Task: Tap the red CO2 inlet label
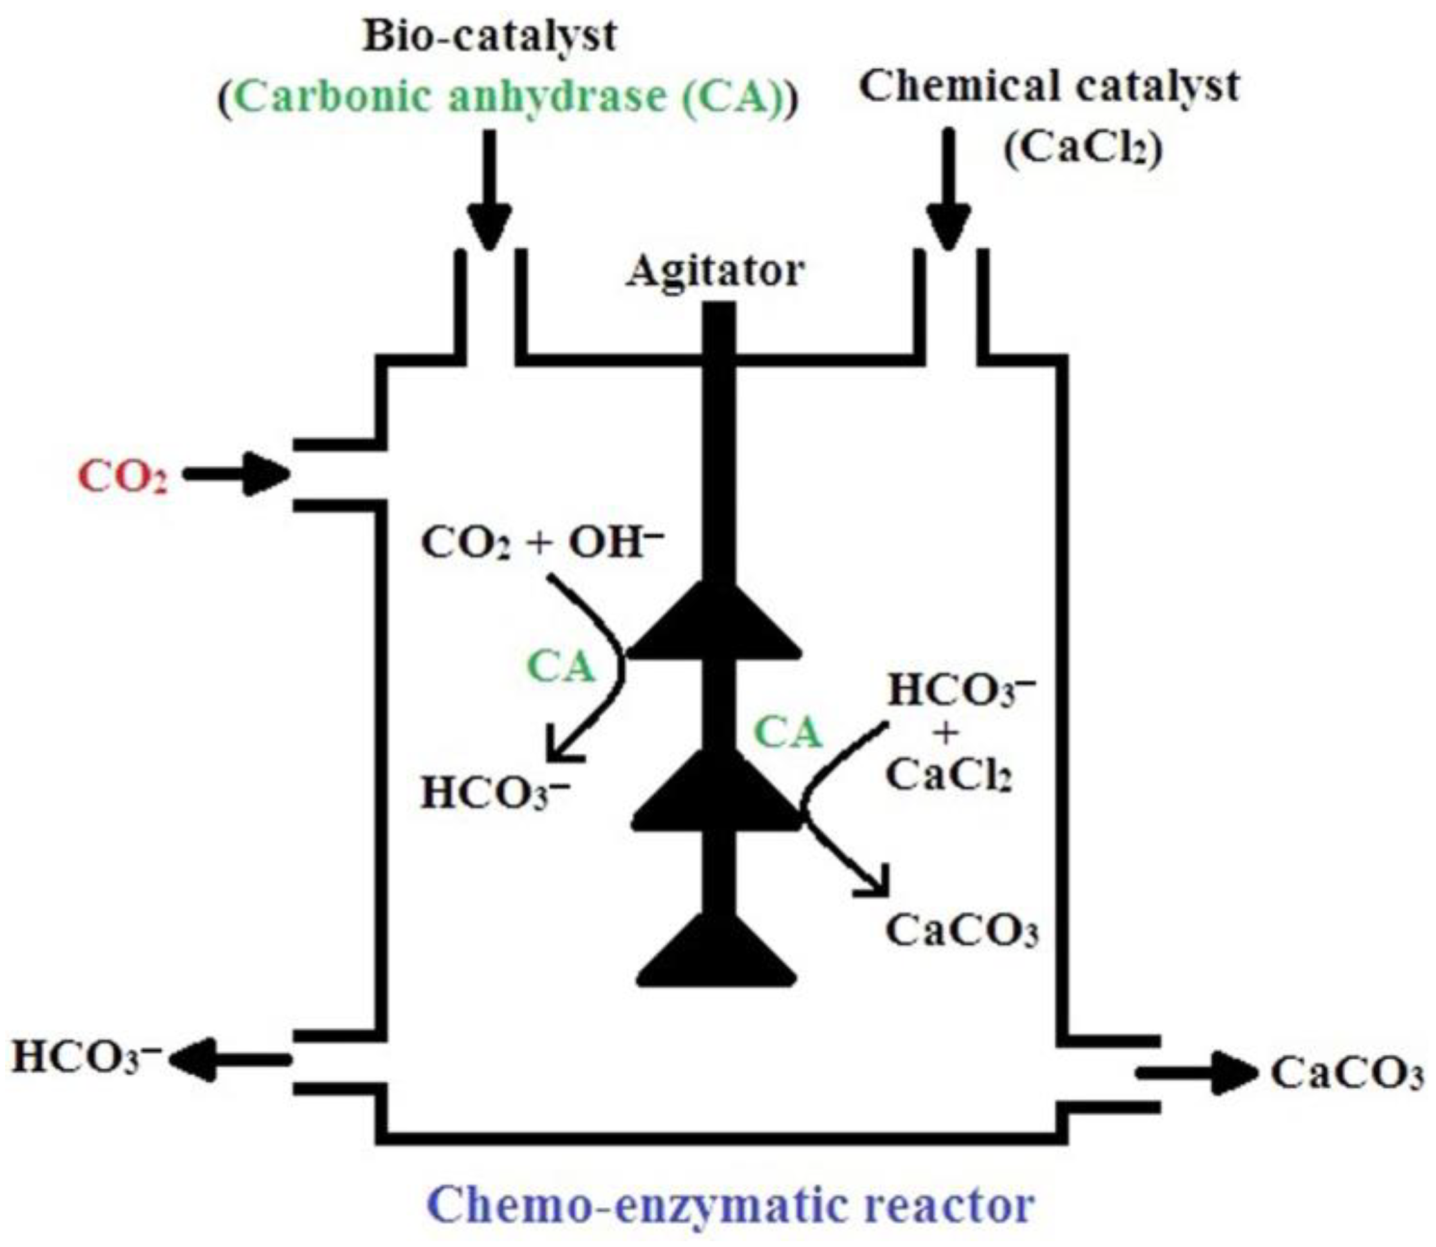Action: tap(122, 477)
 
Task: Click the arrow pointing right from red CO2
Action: tap(237, 475)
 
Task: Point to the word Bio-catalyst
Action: tap(490, 36)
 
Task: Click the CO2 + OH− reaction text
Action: tap(543, 542)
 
